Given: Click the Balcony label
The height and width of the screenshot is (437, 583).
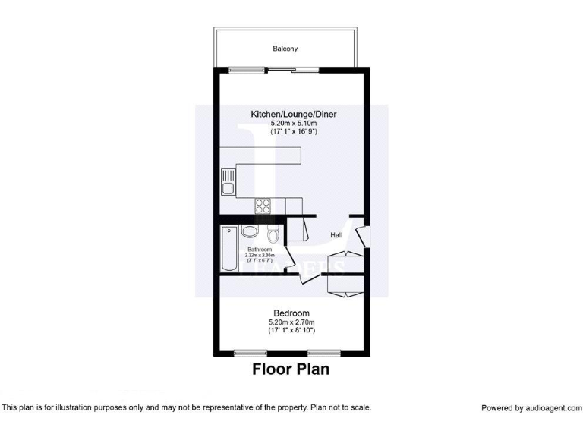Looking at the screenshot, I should (285, 49).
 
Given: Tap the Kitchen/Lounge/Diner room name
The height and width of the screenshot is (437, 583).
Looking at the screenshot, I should (293, 115).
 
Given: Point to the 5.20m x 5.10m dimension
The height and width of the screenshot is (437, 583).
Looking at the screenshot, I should (293, 123).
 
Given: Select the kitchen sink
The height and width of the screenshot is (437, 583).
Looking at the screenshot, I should (228, 182).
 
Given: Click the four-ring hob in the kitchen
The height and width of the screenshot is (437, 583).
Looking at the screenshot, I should (263, 206).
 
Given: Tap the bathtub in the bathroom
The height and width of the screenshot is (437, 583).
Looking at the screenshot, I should (228, 248).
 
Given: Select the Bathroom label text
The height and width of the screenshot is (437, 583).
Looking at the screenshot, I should (260, 250).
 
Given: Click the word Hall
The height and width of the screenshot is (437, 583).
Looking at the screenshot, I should (336, 235).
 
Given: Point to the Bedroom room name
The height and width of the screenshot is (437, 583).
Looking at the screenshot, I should (291, 313).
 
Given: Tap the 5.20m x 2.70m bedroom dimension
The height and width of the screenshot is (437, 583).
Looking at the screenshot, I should (291, 322).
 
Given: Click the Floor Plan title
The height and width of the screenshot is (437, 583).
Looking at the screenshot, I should (291, 371).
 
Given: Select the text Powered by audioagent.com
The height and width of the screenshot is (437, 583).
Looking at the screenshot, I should (531, 408).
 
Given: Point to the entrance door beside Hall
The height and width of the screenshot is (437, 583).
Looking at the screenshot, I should (364, 234).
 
